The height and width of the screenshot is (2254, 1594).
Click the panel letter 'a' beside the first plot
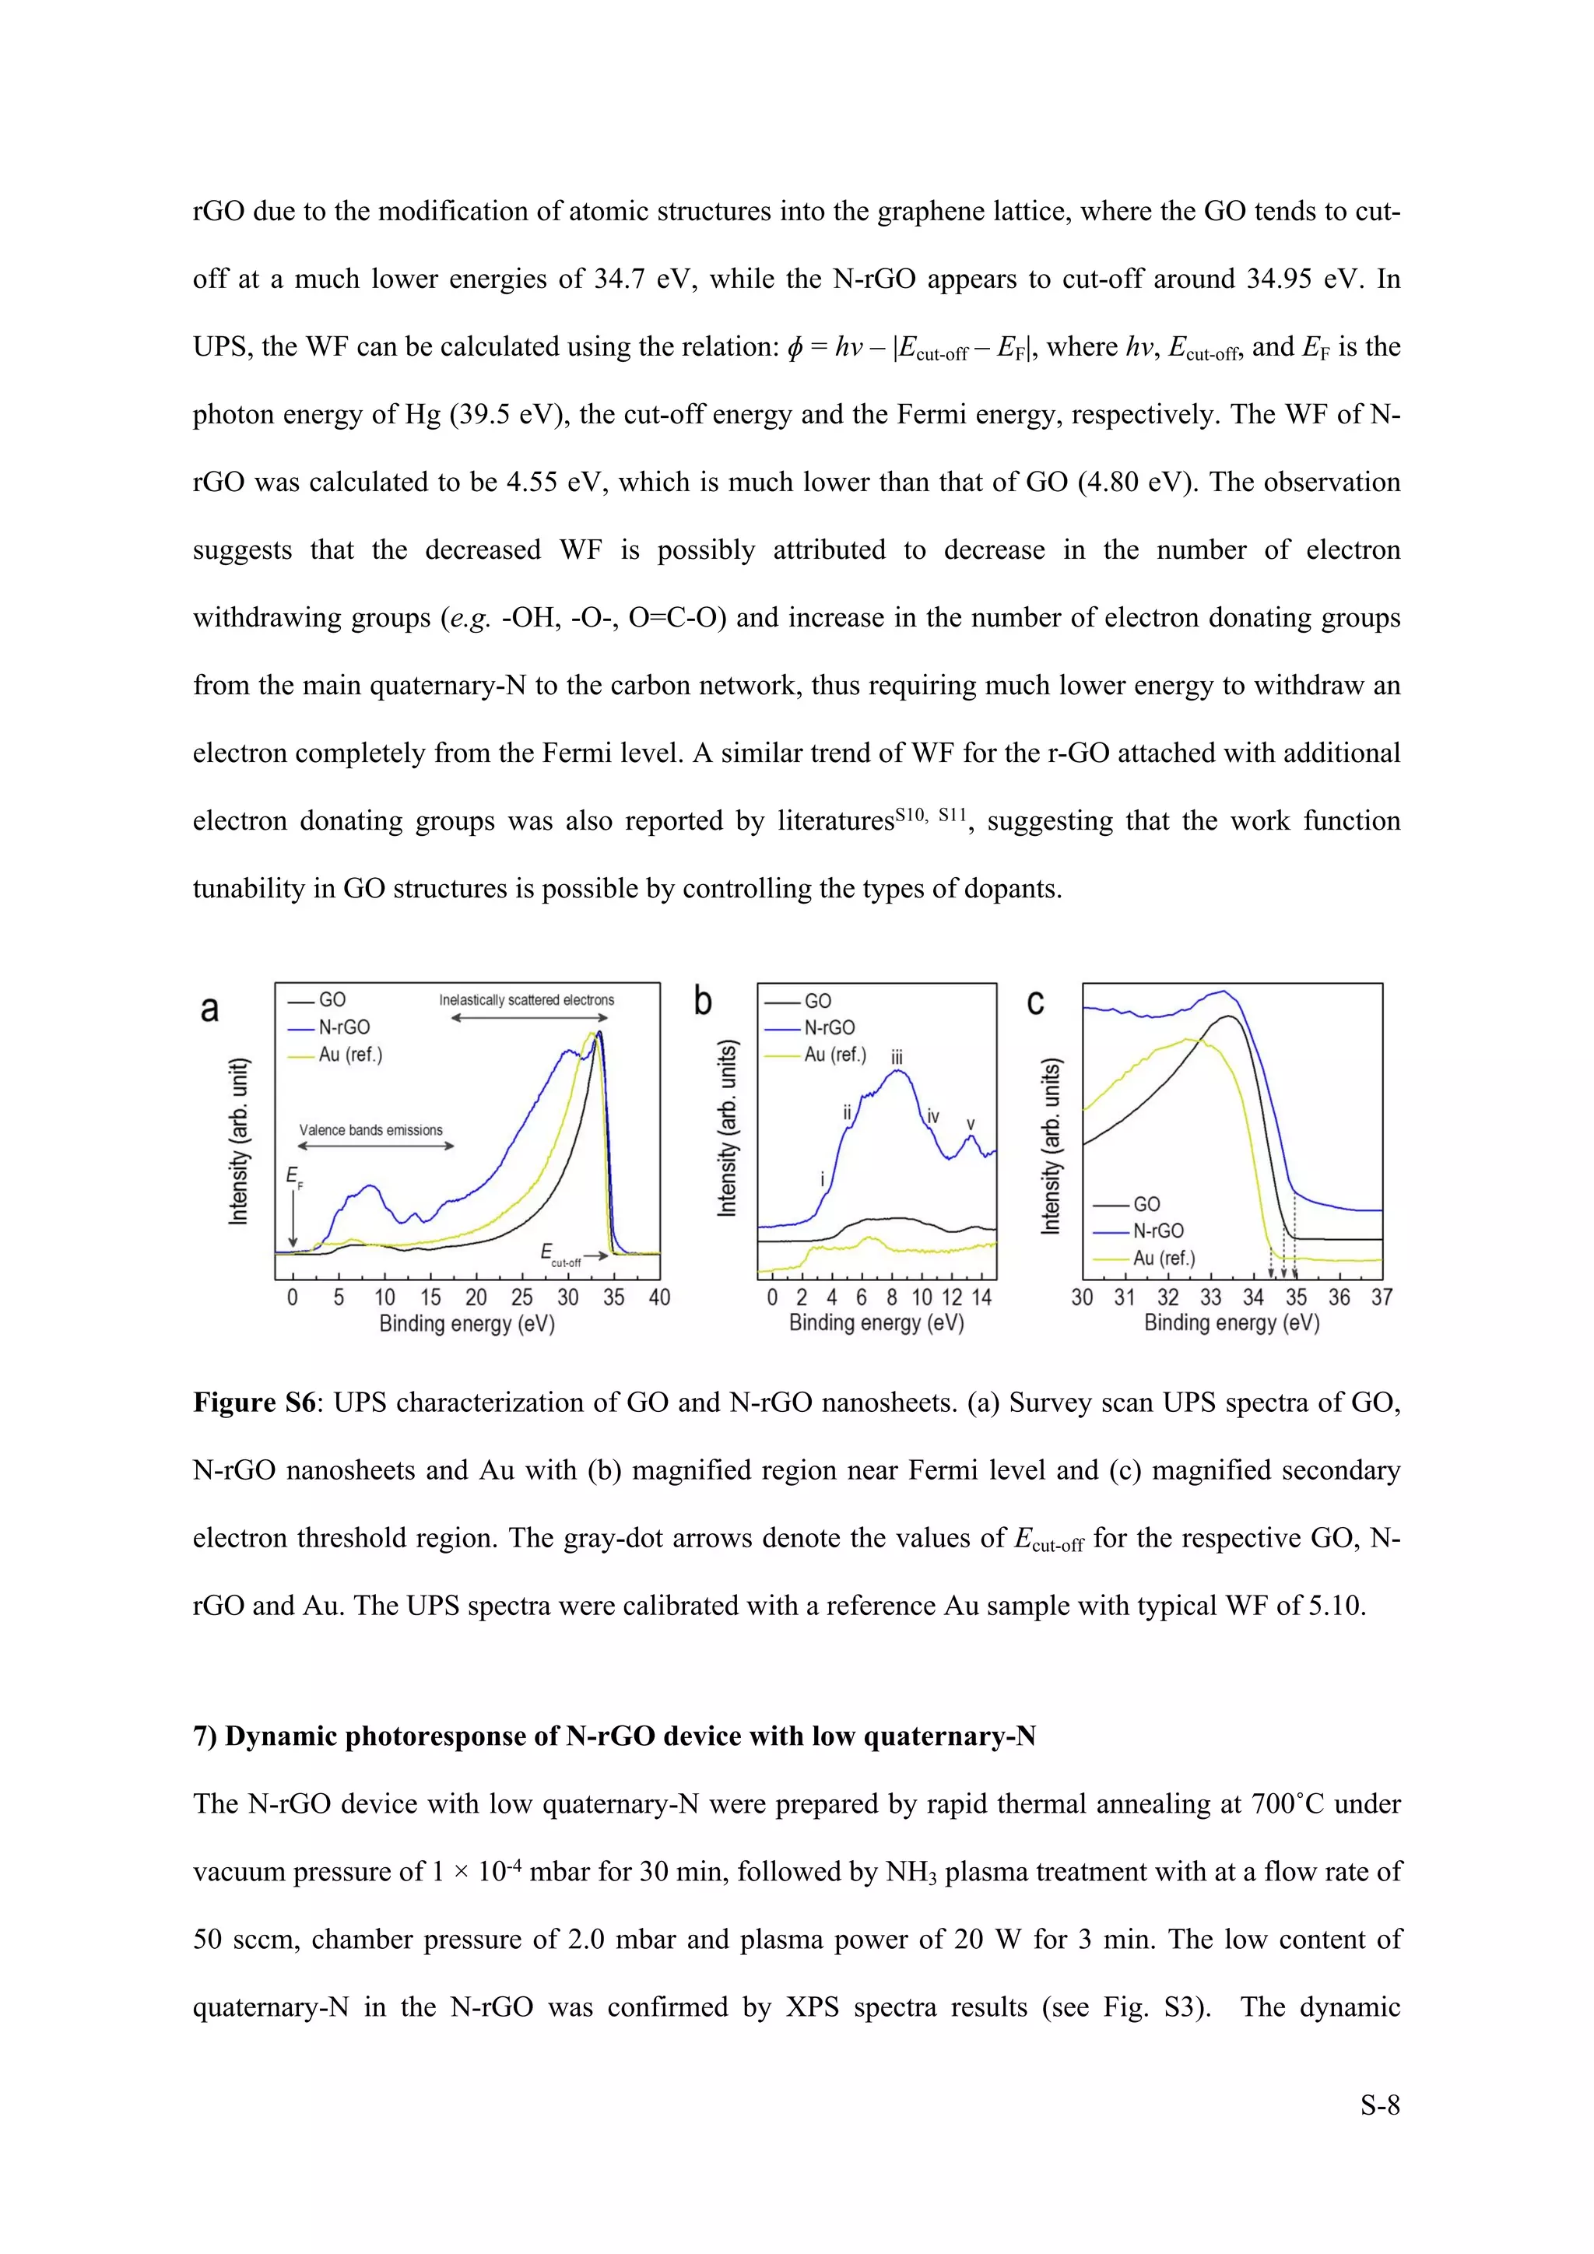[x=209, y=1009]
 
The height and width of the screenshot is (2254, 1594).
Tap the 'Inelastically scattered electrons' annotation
[x=526, y=1000]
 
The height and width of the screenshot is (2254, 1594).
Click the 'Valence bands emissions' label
[x=371, y=1130]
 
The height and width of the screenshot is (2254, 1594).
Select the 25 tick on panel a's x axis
[x=521, y=1297]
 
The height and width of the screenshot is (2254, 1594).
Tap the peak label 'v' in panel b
[x=971, y=1124]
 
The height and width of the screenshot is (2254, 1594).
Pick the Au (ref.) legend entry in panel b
[x=834, y=1055]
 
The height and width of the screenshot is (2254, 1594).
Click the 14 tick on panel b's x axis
[x=981, y=1297]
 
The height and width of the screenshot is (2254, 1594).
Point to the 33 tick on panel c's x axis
[x=1210, y=1297]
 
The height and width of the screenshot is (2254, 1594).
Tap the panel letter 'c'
[x=1035, y=1002]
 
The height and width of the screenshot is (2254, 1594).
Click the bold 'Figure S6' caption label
[x=253, y=1403]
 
